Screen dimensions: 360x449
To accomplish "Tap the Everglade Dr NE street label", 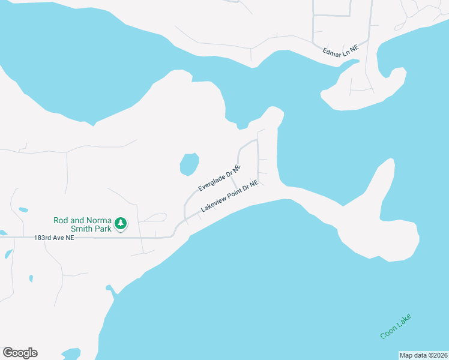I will click(x=219, y=178).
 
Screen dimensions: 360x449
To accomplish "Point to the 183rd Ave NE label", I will click(x=54, y=238).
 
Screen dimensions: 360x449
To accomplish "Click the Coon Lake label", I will click(x=396, y=326).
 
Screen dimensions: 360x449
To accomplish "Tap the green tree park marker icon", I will click(x=121, y=224).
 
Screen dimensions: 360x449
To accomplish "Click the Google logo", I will click(x=20, y=353).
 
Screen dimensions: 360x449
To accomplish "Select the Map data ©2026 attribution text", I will click(x=423, y=355).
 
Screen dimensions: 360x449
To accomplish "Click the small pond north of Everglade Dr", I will click(x=189, y=163).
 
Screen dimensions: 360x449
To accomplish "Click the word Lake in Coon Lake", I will click(x=405, y=321).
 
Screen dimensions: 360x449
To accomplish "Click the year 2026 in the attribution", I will click(x=438, y=355).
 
